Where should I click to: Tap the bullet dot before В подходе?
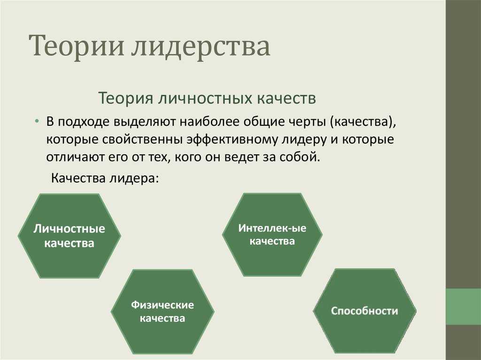[37, 122]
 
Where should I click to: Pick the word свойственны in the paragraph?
[143, 139]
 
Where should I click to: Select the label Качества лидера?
[105, 178]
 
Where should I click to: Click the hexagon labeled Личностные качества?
[70, 236]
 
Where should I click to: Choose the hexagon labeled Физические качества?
[163, 311]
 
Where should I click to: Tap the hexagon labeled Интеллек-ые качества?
[272, 235]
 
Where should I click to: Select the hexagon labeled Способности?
[365, 311]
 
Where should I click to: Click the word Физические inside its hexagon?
[163, 305]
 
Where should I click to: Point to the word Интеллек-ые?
[272, 228]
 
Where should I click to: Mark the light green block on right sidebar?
[463, 306]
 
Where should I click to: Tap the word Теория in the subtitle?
[126, 99]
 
